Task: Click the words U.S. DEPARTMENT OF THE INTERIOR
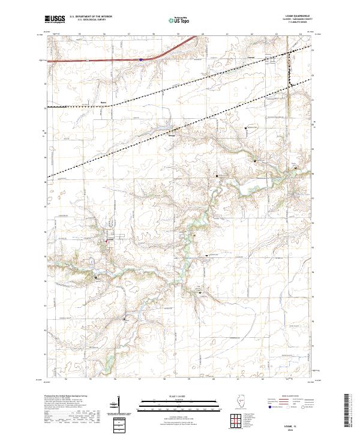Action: (90, 17)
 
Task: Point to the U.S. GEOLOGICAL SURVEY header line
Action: (90, 20)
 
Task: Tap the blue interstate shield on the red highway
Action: (141, 59)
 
